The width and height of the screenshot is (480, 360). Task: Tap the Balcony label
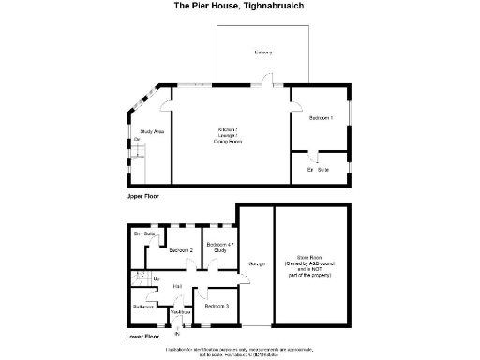tap(263, 52)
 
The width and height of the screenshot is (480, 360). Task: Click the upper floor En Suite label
tap(318, 169)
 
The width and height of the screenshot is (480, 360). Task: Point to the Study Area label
tap(152, 132)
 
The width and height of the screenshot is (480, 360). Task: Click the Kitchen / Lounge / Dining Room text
tap(230, 134)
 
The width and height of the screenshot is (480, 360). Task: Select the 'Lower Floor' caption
tap(143, 335)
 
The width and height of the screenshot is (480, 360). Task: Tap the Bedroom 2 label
tap(181, 250)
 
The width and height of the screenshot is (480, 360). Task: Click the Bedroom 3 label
tap(217, 307)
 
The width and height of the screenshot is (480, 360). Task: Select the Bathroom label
tap(143, 307)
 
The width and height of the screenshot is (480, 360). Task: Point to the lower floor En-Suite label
tap(143, 232)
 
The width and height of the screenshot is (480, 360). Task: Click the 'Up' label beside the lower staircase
tap(156, 278)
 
